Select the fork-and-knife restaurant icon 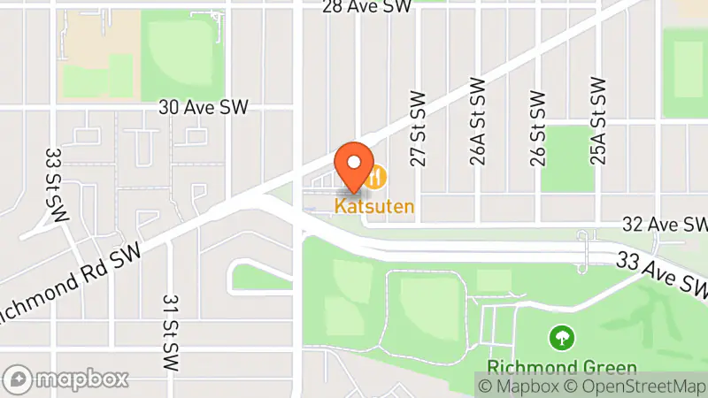coord(378,177)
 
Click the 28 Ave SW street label coord(367,7)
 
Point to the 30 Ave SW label coord(204,107)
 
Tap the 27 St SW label coord(419,127)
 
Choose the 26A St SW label coord(479,121)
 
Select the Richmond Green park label coord(561,367)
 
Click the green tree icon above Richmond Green coord(560,337)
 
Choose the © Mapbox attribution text coord(519,386)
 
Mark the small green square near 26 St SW coord(566,157)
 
